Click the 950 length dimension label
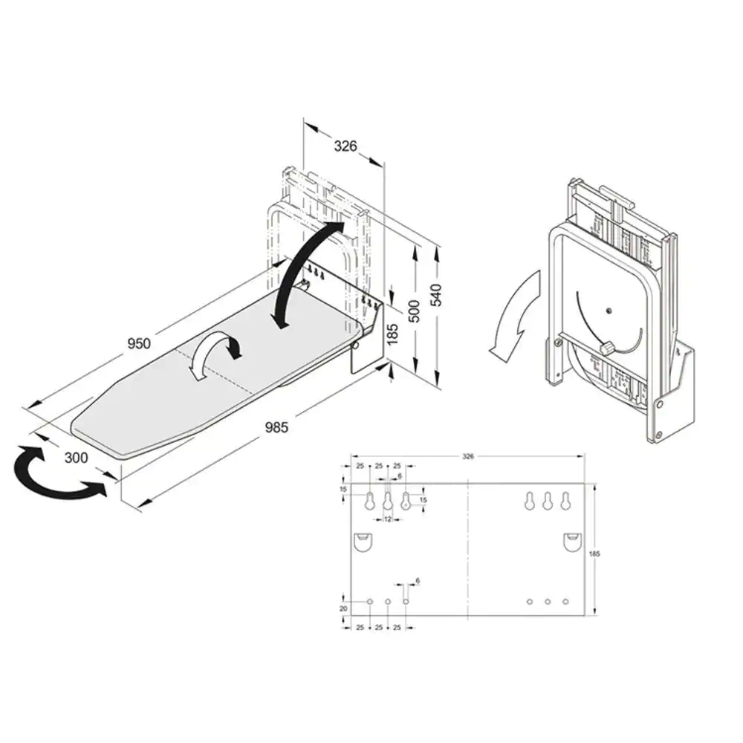pyautogui.click(x=139, y=343)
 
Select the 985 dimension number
pyautogui.click(x=276, y=427)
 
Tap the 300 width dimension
pyautogui.click(x=75, y=458)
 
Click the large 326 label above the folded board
pyautogui.click(x=345, y=146)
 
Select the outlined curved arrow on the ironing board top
pyautogui.click(x=215, y=354)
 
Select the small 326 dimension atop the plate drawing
pyautogui.click(x=467, y=456)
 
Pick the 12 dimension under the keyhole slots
pyautogui.click(x=387, y=519)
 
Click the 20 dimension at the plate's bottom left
pyautogui.click(x=343, y=608)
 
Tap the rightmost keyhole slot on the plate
pyautogui.click(x=565, y=502)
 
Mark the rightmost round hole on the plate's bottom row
pyautogui.click(x=565, y=600)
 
